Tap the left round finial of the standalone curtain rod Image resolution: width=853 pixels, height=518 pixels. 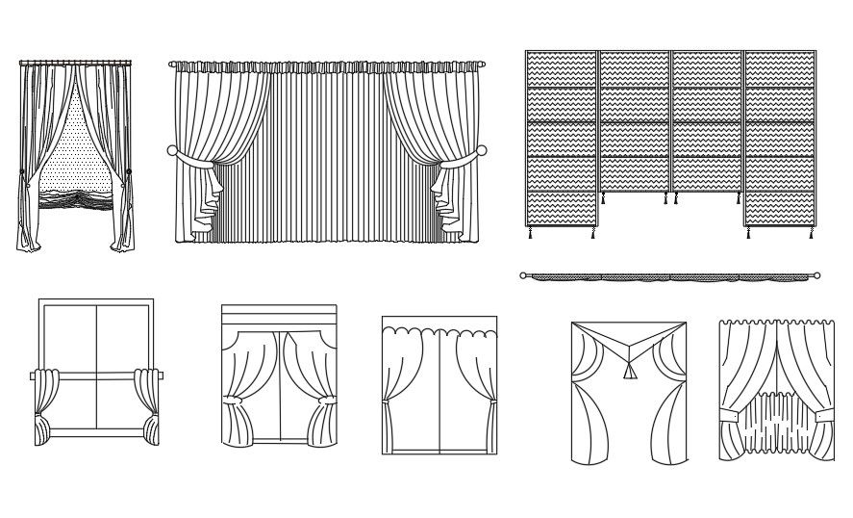pyautogui.click(x=523, y=275)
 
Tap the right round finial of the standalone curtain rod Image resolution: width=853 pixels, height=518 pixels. pyautogui.click(x=817, y=275)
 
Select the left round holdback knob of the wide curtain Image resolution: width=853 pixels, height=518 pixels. pyautogui.click(x=172, y=151)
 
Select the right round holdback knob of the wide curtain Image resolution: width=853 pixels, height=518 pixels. pyautogui.click(x=483, y=151)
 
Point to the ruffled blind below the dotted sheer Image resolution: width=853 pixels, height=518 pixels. pyautogui.click(x=74, y=198)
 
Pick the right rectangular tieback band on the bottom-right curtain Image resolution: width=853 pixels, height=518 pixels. pyautogui.click(x=824, y=414)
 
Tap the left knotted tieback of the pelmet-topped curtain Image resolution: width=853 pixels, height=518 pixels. pyautogui.click(x=231, y=399)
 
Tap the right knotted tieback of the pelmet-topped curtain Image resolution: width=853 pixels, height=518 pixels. pyautogui.click(x=325, y=399)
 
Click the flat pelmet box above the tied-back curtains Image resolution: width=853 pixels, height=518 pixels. pyautogui.click(x=279, y=317)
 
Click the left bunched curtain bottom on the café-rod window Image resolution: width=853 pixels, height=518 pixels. pyautogui.click(x=42, y=428)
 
